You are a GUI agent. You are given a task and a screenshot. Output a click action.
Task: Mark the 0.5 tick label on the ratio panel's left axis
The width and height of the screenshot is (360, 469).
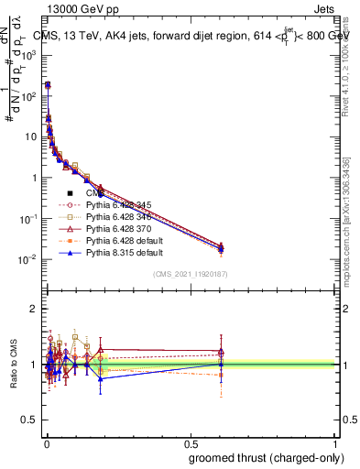(29, 420)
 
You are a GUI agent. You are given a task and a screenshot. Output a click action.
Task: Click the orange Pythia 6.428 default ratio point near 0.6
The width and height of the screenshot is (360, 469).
(221, 376)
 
